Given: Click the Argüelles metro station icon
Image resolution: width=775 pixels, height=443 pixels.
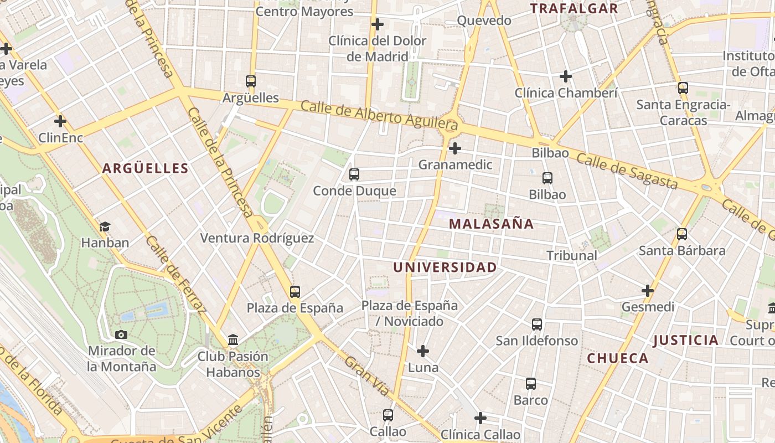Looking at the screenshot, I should (251, 81).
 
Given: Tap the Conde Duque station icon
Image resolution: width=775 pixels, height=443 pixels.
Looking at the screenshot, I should (354, 174).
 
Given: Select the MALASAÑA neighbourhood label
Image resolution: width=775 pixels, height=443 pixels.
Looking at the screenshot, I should (491, 224).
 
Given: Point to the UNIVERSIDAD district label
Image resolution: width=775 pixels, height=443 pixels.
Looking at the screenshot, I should (445, 267).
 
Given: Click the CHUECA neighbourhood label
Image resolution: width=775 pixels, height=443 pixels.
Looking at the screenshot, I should (618, 358).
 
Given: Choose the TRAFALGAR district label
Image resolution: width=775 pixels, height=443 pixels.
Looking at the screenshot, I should (574, 8).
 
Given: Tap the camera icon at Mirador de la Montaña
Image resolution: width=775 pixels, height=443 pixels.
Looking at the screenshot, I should (121, 334).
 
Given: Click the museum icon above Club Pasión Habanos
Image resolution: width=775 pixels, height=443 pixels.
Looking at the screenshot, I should (233, 339).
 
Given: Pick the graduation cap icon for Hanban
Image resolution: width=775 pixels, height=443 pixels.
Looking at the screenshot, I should (105, 226).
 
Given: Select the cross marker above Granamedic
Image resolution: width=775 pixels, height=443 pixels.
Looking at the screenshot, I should (455, 148).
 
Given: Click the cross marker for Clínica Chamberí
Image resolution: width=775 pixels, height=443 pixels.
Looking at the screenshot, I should (566, 76).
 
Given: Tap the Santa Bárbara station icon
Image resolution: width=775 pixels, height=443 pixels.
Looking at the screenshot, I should (682, 234).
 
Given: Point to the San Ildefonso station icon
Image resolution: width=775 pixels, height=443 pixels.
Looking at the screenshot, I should (537, 324).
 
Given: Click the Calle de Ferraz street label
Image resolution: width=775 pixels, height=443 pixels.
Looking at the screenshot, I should (175, 274).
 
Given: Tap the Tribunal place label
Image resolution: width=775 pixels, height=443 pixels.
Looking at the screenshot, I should (572, 255).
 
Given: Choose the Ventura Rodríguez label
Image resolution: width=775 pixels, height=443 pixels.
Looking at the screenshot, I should (257, 238).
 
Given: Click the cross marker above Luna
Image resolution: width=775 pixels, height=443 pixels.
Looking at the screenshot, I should (423, 351).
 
